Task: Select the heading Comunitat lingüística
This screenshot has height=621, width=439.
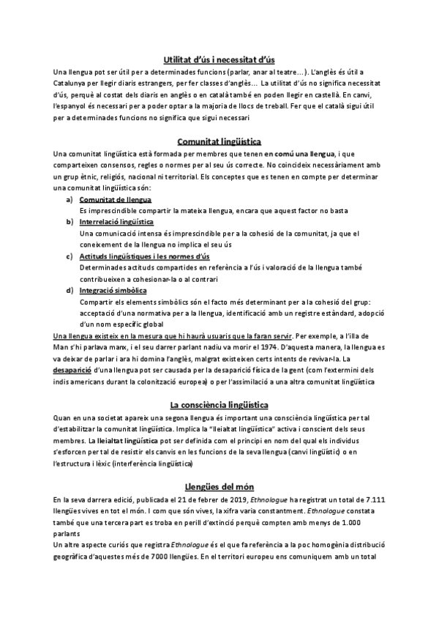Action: click(x=219, y=141)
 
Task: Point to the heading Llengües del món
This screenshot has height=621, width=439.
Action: click(x=219, y=486)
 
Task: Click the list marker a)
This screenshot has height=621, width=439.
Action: click(x=69, y=199)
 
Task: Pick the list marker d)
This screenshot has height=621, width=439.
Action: click(x=69, y=290)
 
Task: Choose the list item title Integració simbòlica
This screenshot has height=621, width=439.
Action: click(x=113, y=290)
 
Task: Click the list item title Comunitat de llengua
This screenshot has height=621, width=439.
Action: click(x=116, y=199)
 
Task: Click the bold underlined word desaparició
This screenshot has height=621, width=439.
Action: click(x=72, y=371)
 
